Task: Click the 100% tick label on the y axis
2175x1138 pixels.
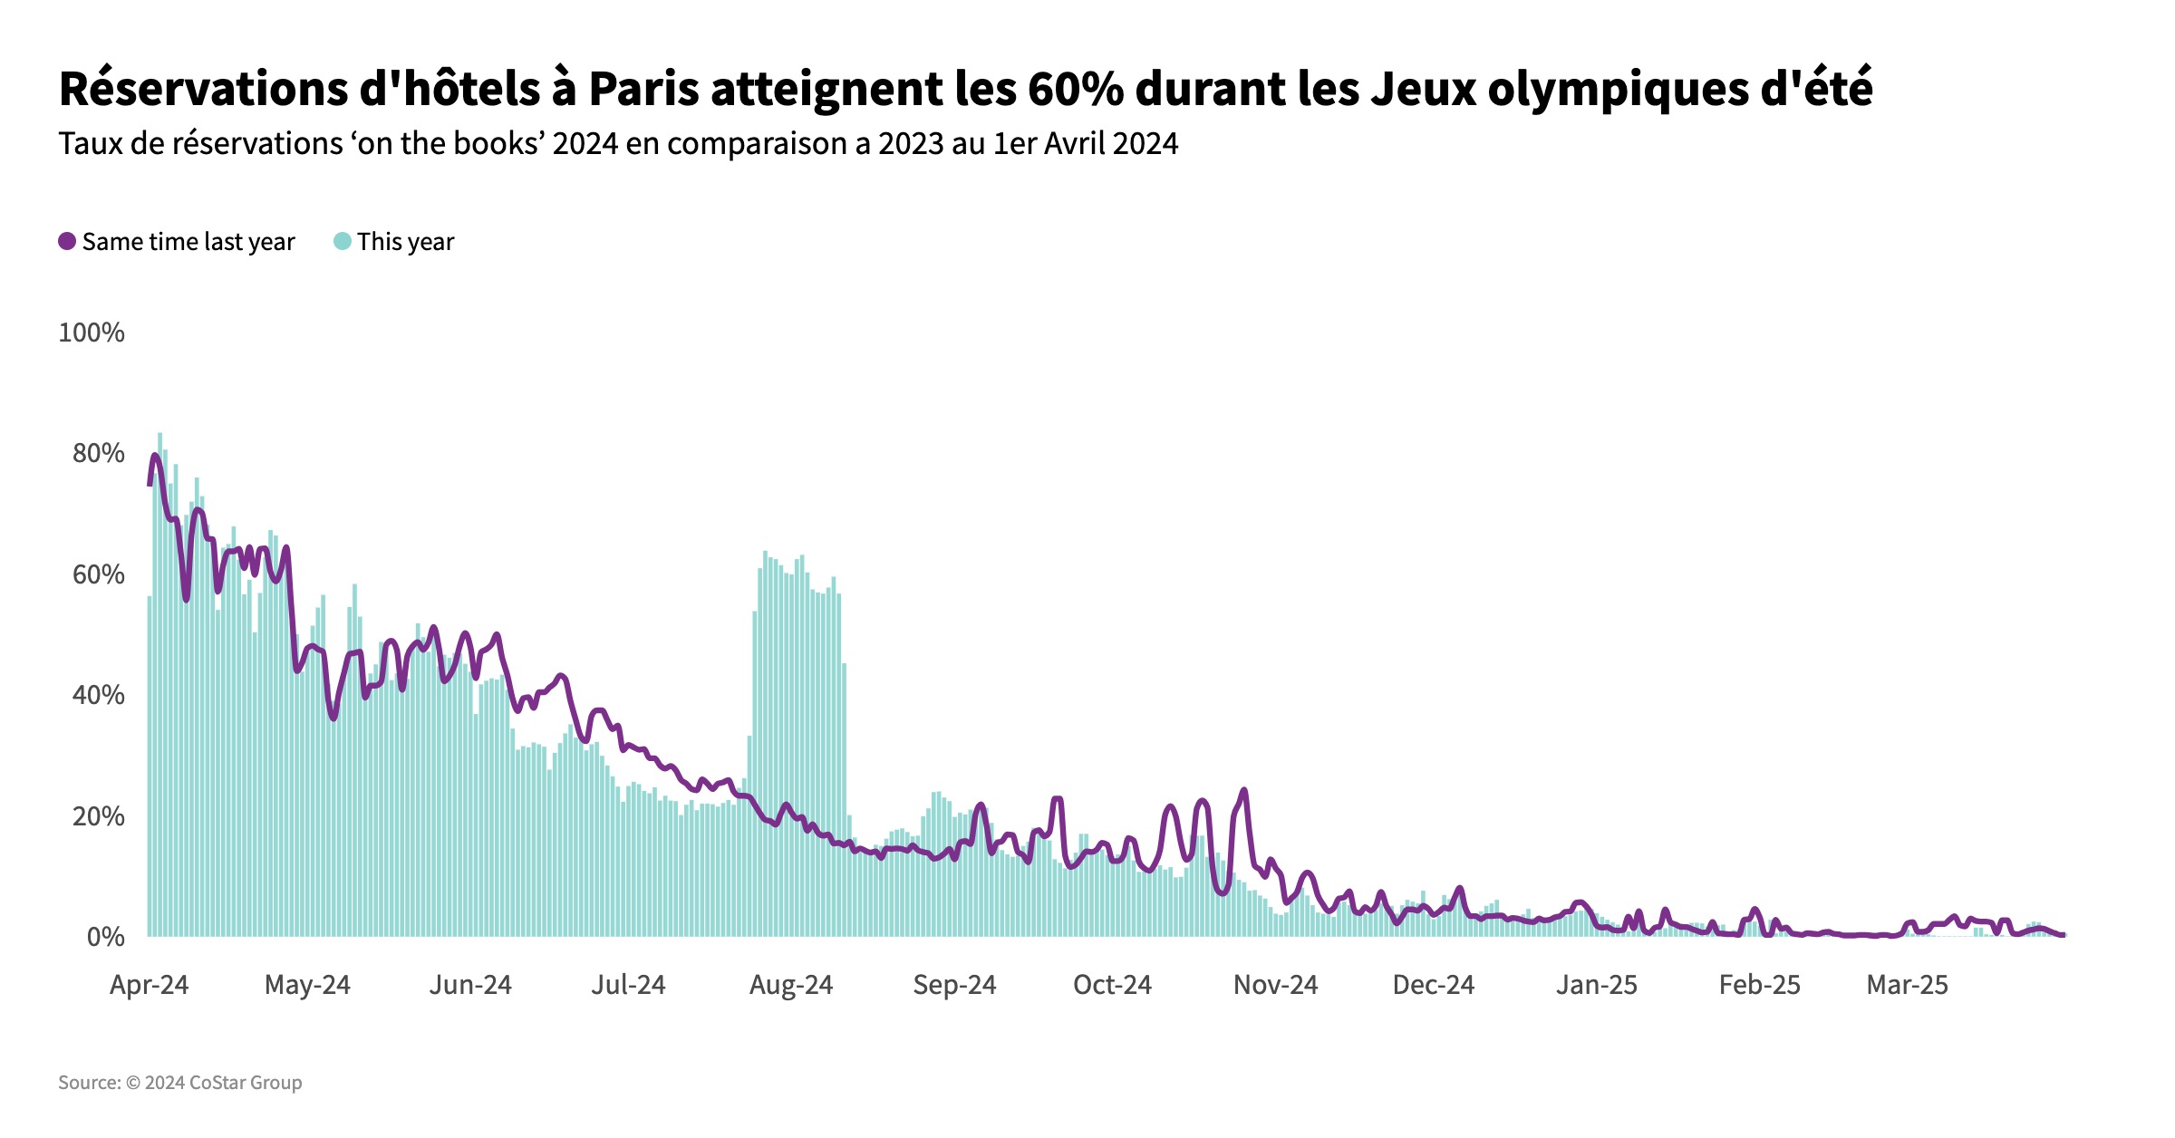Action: click(92, 333)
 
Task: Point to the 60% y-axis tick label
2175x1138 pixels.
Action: click(98, 574)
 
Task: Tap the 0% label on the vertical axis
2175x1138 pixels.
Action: click(105, 937)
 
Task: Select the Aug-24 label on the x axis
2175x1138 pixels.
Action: click(790, 985)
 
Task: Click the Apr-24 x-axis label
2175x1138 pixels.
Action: click(149, 985)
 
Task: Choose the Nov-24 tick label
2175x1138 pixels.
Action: click(1275, 985)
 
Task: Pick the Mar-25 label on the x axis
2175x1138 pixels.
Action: click(1907, 985)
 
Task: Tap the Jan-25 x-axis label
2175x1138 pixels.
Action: click(1597, 985)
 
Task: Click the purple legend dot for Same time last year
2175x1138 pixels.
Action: click(67, 241)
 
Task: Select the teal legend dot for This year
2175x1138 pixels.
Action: click(343, 241)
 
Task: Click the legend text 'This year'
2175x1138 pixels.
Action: click(405, 242)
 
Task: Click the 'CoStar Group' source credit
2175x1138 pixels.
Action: click(246, 1083)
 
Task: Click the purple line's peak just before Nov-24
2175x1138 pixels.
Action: click(1243, 791)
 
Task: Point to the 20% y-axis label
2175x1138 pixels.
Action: click(98, 816)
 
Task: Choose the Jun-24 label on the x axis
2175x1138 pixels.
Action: click(470, 985)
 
